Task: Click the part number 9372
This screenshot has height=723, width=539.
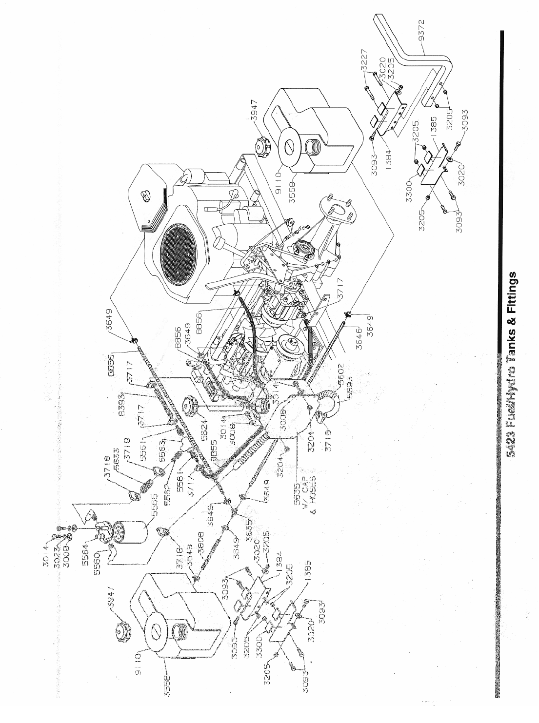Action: pos(423,29)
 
